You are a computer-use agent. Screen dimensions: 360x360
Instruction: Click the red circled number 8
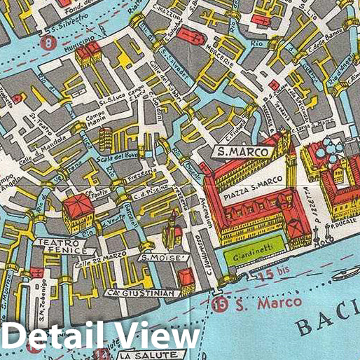tap(48, 43)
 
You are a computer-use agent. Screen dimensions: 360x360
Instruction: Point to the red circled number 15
tap(221, 304)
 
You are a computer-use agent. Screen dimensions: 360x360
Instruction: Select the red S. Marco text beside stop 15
tap(259, 303)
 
